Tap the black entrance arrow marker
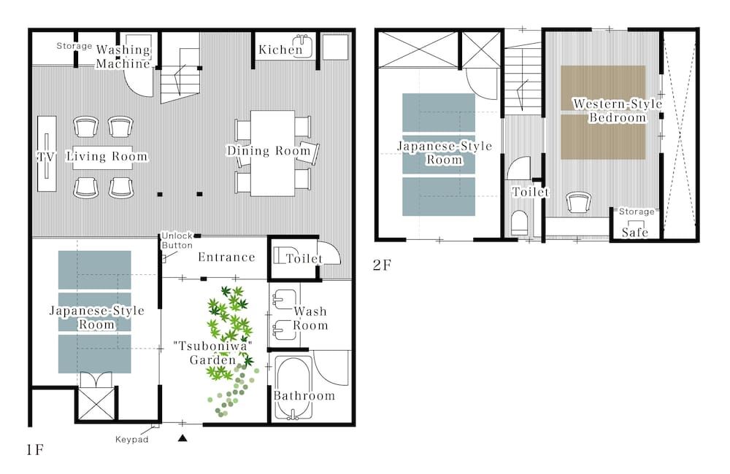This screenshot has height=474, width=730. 183,438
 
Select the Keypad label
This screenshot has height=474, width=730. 132,440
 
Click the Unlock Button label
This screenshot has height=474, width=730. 177,241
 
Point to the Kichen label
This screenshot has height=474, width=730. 280,50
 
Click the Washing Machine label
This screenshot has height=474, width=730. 123,57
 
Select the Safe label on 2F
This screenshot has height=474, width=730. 635,232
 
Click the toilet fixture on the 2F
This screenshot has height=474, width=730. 520,222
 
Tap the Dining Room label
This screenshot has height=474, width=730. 269,151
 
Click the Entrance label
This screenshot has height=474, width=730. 226,257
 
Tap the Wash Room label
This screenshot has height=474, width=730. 310,318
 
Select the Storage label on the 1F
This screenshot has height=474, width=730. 74,46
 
